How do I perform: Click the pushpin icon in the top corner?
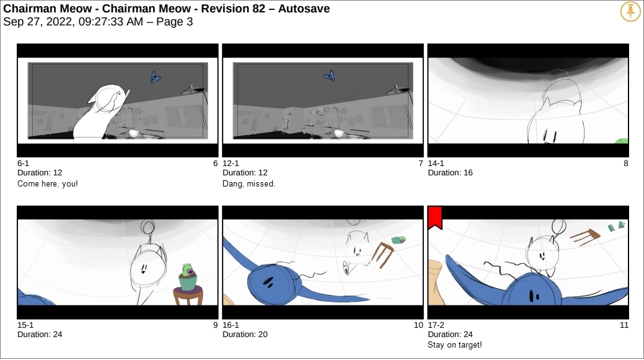(630, 11)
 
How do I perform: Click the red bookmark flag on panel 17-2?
(435, 217)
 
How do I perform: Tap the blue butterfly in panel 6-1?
(155, 77)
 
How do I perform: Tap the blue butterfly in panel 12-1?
(330, 76)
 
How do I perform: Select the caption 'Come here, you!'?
(48, 183)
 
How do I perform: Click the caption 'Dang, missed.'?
(249, 183)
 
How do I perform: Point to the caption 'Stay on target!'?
(455, 345)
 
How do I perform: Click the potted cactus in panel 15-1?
(188, 277)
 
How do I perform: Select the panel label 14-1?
(436, 164)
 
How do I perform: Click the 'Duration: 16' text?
(450, 173)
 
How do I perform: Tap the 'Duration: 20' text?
(245, 335)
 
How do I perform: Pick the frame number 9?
(215, 325)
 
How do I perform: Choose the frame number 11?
(624, 325)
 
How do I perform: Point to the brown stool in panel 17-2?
(585, 237)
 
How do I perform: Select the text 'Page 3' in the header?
(175, 21)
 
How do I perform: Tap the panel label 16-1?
(231, 325)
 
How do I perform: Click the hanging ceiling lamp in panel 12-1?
(399, 87)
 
